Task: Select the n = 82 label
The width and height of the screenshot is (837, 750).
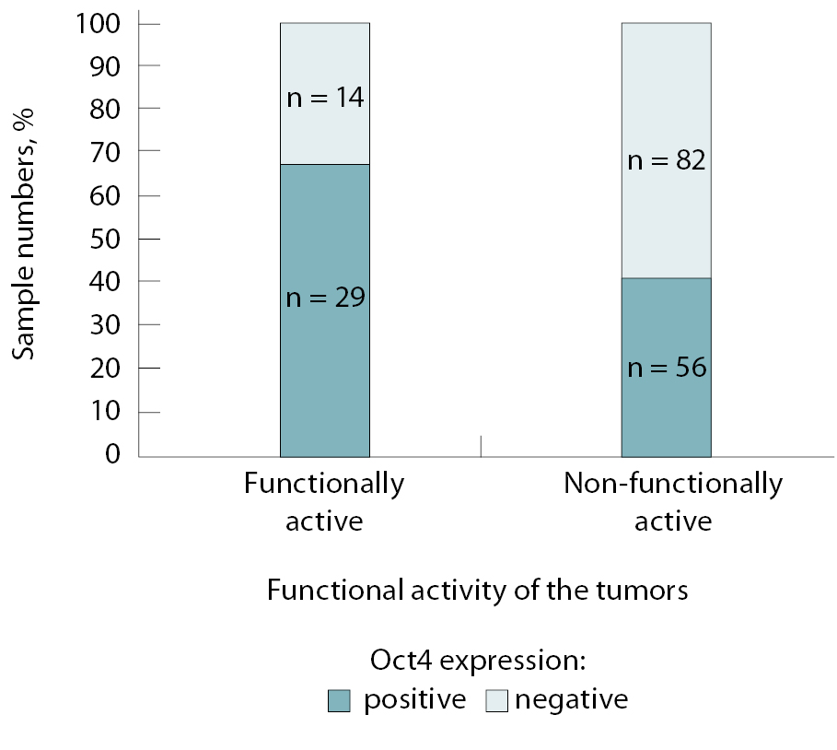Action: (666, 161)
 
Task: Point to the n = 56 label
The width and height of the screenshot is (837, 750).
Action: (666, 368)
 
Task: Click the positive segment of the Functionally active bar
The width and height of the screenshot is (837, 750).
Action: (325, 387)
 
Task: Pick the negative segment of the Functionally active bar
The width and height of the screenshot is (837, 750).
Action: (325, 138)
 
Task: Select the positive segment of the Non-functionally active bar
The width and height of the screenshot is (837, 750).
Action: (666, 415)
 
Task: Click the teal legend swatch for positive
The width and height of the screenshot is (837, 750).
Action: (339, 701)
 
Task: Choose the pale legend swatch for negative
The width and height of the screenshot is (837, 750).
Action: (497, 701)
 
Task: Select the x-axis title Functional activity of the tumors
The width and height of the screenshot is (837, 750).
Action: (477, 590)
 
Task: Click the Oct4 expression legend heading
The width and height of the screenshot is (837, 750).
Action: (478, 662)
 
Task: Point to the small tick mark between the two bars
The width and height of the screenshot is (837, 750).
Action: (481, 445)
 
